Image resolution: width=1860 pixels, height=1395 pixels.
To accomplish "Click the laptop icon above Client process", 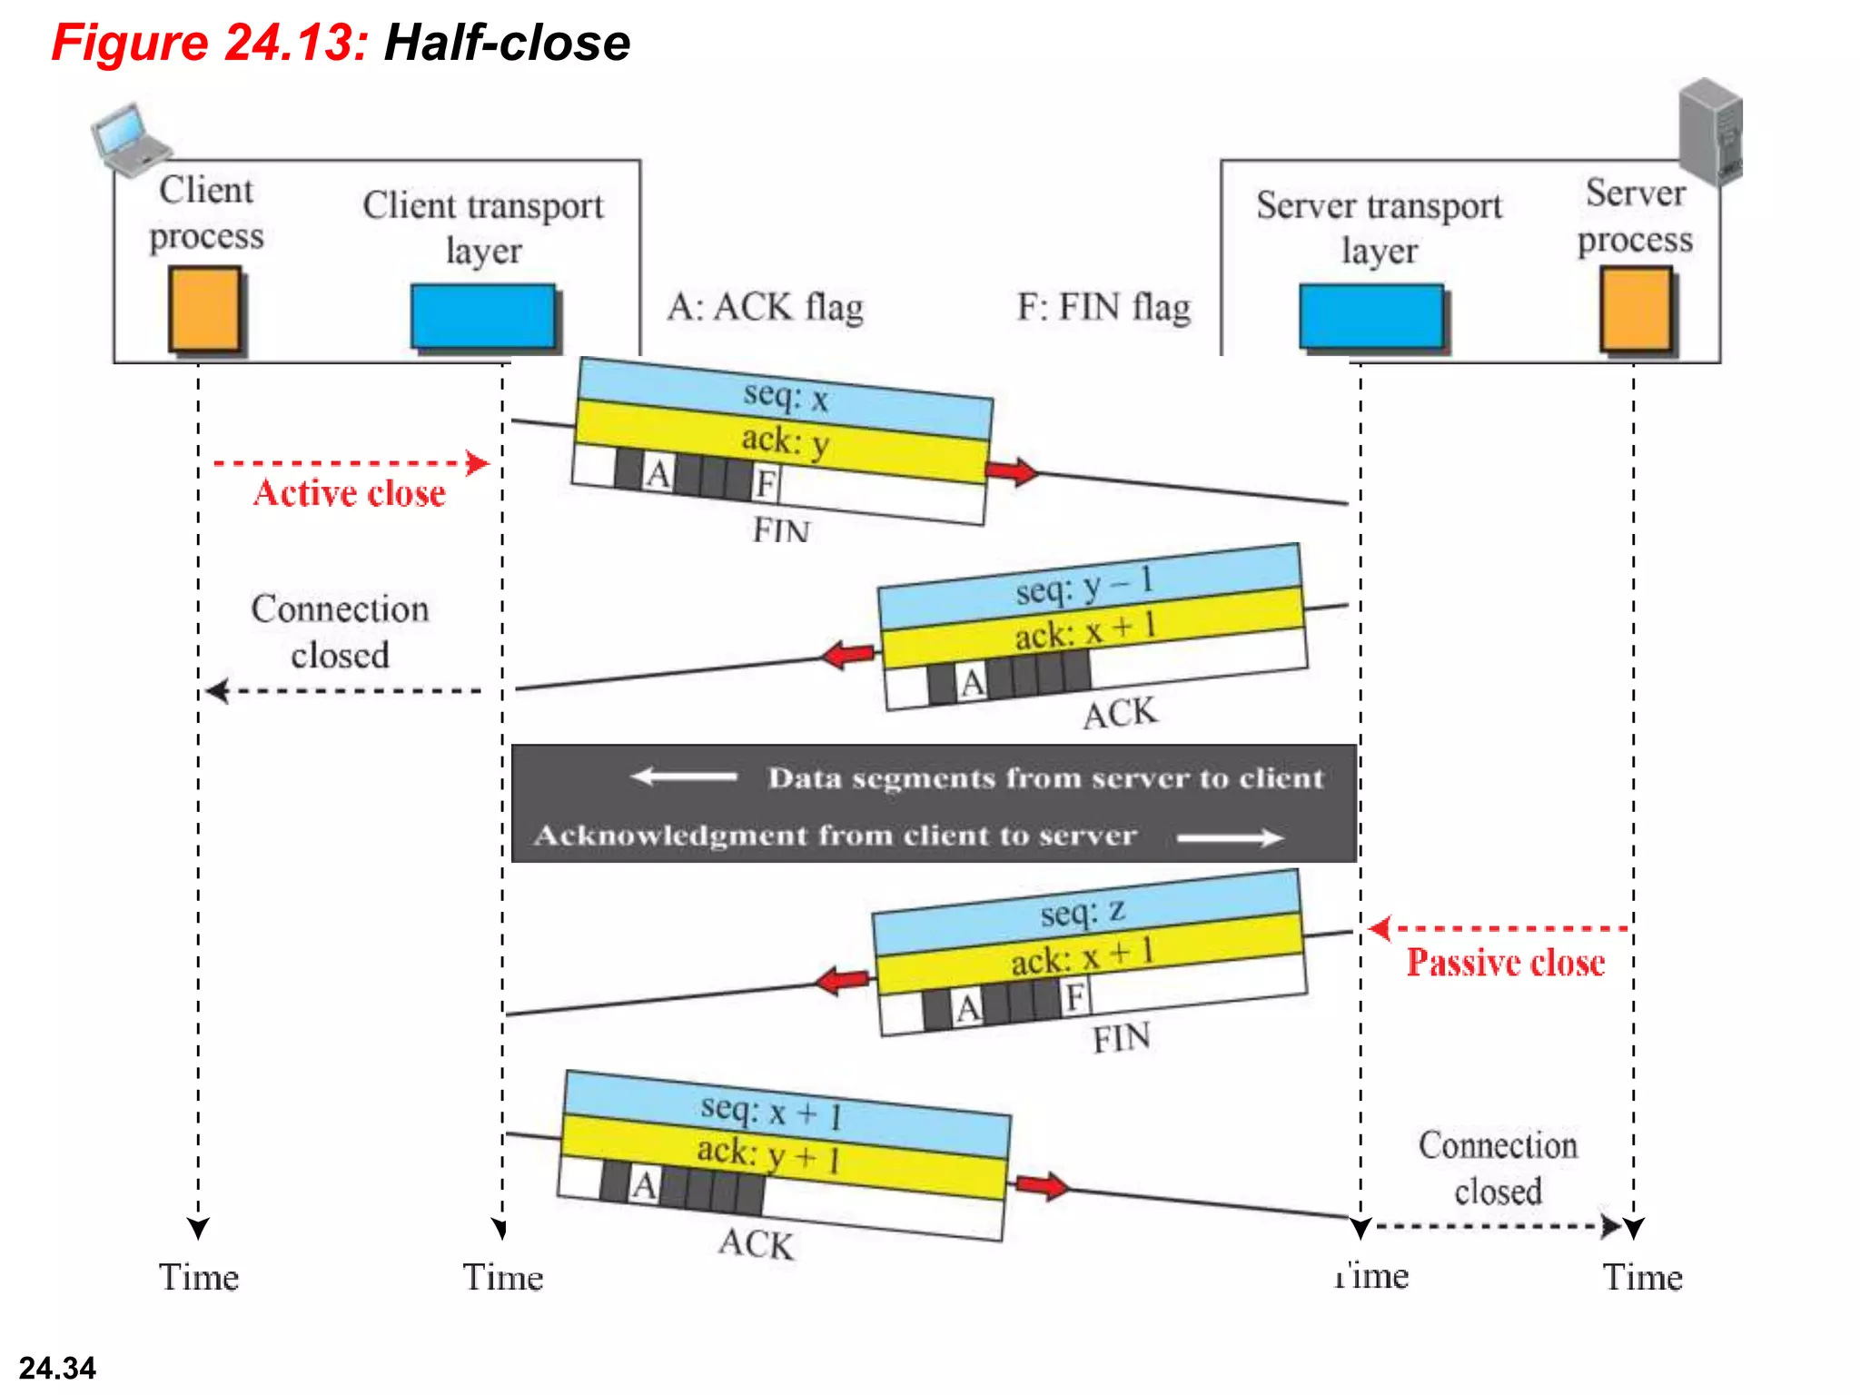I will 129,139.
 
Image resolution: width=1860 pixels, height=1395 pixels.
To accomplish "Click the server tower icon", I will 1711,132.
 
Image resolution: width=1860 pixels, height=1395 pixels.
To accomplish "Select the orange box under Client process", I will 205,309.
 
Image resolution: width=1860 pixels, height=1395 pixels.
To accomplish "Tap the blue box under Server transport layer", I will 1371,315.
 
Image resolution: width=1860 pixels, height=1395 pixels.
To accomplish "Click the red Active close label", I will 350,493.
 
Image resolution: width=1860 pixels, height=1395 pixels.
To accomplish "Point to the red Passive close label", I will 1505,963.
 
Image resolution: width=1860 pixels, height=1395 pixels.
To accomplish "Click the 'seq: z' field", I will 1083,911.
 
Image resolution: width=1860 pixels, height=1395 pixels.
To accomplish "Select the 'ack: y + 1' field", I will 768,1154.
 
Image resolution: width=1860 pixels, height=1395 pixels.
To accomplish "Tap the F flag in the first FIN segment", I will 766,483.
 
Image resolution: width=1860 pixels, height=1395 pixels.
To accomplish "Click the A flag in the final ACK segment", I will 644,1184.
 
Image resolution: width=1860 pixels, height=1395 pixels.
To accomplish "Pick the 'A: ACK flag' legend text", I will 765,307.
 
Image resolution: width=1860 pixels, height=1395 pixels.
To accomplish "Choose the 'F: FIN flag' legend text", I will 1103,307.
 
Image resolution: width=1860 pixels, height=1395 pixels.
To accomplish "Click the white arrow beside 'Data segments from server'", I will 683,777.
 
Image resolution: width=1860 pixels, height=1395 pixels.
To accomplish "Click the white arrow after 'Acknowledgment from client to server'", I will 1230,837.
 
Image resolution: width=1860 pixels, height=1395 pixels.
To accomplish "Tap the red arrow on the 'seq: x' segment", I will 1011,471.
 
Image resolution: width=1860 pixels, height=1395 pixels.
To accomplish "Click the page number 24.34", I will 57,1368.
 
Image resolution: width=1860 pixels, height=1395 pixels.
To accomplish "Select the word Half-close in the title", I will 507,43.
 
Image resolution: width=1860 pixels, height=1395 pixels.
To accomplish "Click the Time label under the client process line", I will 199,1277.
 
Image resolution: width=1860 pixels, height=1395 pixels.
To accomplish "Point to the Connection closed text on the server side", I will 1498,1168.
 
